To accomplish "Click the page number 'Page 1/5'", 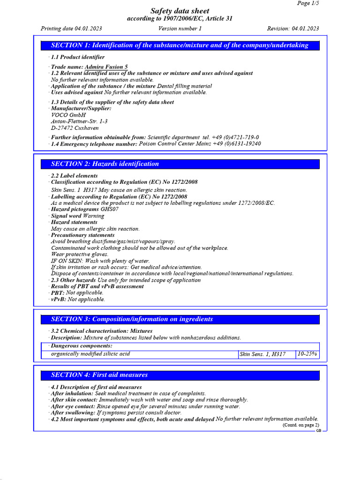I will tap(308, 3).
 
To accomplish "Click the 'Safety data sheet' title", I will tap(180, 11).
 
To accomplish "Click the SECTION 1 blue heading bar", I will tap(180, 45).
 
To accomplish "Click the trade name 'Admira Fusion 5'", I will tap(106, 67).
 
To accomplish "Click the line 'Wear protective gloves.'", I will tap(79, 255).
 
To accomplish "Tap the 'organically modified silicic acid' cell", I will tap(90, 354).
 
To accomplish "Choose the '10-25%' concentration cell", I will tap(307, 354).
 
